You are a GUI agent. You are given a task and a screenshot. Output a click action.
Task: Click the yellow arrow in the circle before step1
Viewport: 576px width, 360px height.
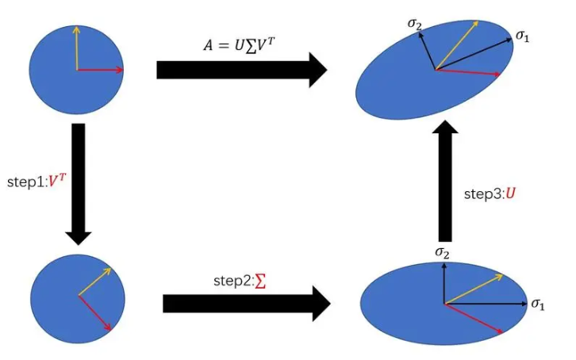point(76,48)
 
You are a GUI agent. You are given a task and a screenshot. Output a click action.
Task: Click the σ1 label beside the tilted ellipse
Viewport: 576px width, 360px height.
point(522,36)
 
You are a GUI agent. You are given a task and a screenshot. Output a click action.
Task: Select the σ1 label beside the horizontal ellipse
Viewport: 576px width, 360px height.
point(538,304)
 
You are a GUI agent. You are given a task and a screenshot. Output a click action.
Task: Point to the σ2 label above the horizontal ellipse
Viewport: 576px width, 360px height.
point(443,252)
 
